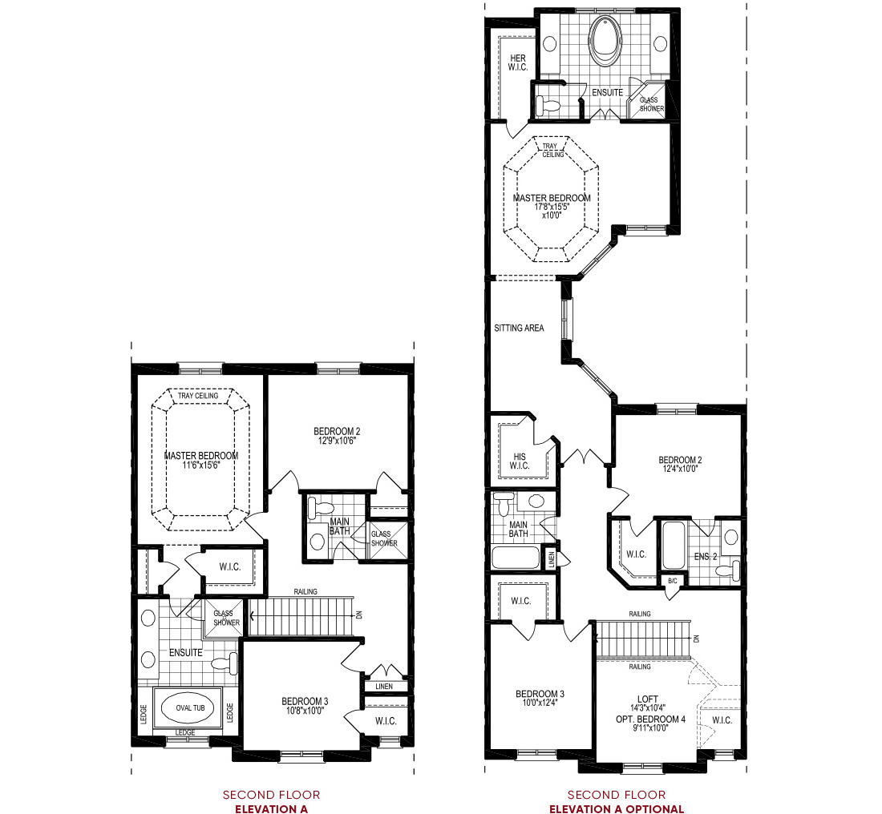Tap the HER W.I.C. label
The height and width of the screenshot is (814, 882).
click(x=517, y=62)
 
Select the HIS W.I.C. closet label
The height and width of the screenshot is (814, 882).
click(x=519, y=461)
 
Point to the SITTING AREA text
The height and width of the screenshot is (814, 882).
click(x=520, y=328)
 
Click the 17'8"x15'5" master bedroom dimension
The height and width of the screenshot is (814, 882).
click(x=551, y=207)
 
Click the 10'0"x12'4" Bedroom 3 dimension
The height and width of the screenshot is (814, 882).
click(x=540, y=703)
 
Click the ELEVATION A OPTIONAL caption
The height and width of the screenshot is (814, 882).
click(x=616, y=809)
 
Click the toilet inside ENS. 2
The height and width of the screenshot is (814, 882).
click(x=726, y=570)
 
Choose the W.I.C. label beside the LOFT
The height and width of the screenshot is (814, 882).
click(x=722, y=720)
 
